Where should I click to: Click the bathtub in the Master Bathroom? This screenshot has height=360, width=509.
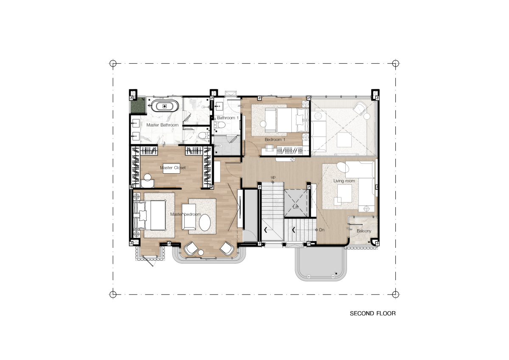[x=165, y=106]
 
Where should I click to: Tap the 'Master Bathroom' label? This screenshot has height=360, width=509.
[x=162, y=125]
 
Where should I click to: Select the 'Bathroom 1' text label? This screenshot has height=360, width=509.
[x=228, y=118]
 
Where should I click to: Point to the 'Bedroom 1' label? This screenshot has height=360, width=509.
[x=275, y=139]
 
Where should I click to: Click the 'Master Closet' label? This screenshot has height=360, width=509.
[x=173, y=168]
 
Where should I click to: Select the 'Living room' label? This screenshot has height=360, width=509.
[x=344, y=181]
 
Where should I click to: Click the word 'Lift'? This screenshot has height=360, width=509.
[x=296, y=207]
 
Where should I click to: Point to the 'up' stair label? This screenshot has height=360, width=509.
[x=273, y=177]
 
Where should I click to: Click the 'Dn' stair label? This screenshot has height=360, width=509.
[x=322, y=230]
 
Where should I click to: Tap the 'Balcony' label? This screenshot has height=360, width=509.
[x=364, y=231]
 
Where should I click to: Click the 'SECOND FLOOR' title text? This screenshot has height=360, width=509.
[x=373, y=313]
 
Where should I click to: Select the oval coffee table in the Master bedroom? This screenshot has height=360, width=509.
[x=205, y=222]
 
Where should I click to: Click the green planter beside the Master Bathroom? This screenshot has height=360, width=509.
[x=138, y=105]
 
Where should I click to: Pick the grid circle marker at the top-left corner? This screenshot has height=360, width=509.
[x=113, y=63]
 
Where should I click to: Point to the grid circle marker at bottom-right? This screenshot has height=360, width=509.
[x=395, y=294]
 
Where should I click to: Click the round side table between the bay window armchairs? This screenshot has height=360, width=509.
[x=201, y=252]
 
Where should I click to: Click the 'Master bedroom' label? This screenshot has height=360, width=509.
[x=185, y=214]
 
